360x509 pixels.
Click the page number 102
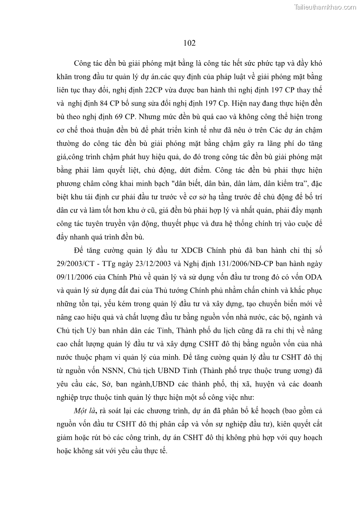190,43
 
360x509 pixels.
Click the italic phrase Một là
86,411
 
